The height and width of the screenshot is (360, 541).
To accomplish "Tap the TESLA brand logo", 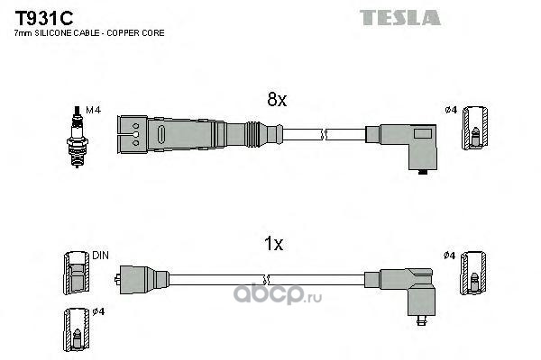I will click(400, 17).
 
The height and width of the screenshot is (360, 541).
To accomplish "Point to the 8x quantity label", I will click(275, 101).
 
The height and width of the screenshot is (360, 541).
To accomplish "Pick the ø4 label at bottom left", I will click(99, 312).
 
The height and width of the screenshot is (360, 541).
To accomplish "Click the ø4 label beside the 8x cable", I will click(451, 111).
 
